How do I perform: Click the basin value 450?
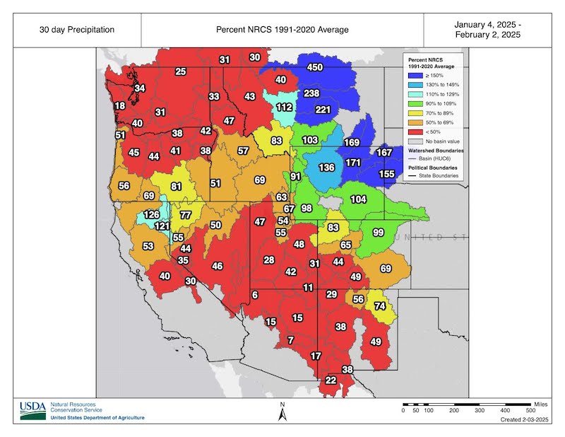click(314, 67)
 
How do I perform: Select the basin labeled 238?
click(311, 93)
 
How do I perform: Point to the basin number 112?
click(284, 107)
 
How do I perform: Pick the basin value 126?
click(152, 214)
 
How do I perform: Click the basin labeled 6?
click(255, 295)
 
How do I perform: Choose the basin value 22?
click(331, 380)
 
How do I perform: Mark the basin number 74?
click(380, 306)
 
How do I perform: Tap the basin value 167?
click(384, 153)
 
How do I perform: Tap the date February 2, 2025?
click(493, 35)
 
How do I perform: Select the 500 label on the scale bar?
click(529, 411)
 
